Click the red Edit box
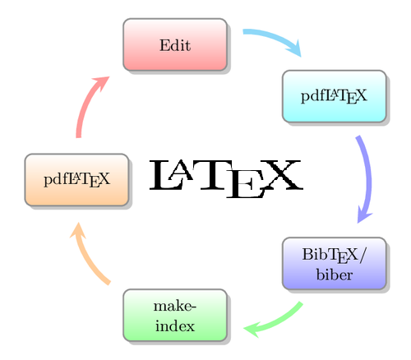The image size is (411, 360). tap(175, 44)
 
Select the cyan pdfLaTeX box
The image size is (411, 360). tap(335, 96)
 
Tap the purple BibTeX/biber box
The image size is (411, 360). tap(335, 264)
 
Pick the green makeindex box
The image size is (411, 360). tap(175, 315)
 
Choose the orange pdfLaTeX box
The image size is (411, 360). tap(76, 180)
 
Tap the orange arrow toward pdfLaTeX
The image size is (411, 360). tap(89, 257)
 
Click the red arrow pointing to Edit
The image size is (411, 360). tap(84, 107)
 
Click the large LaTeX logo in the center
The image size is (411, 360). tap(226, 178)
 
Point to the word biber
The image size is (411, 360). tap(335, 275)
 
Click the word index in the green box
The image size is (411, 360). tap(175, 325)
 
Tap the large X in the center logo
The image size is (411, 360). tap(282, 175)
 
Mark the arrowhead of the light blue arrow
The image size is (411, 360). tap(295, 48)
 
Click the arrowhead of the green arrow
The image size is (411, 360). tap(252, 330)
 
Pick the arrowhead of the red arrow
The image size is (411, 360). tap(102, 83)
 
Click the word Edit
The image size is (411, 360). tap(175, 45)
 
